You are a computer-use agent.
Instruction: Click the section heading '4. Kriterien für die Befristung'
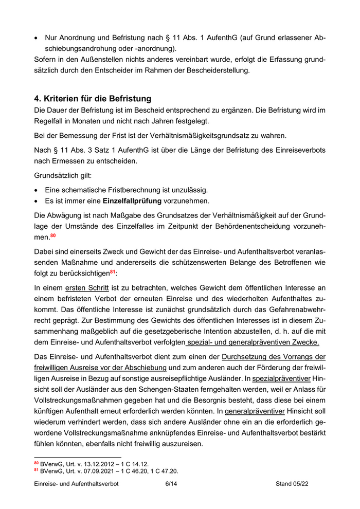click(x=93, y=98)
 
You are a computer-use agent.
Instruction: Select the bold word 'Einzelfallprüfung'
click(x=135, y=200)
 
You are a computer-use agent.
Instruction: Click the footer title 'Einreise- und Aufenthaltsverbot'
click(x=76, y=484)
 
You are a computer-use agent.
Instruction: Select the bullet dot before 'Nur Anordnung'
click(x=37, y=38)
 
